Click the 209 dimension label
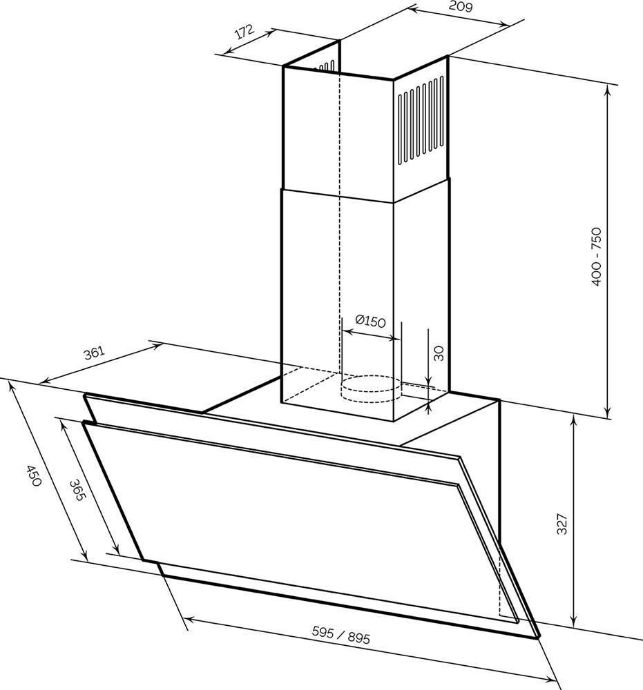point(460,7)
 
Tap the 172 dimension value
point(244,32)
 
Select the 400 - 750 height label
point(596,257)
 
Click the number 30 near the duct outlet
point(439,353)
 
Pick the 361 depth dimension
point(95,353)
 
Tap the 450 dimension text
point(33,475)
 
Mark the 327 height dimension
point(562,524)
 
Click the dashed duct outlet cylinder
point(372,388)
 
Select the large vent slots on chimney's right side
point(421,121)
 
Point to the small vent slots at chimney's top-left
point(325,67)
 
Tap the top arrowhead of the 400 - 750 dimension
point(608,89)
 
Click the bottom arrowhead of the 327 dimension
point(573,622)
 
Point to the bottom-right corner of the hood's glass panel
point(539,637)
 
